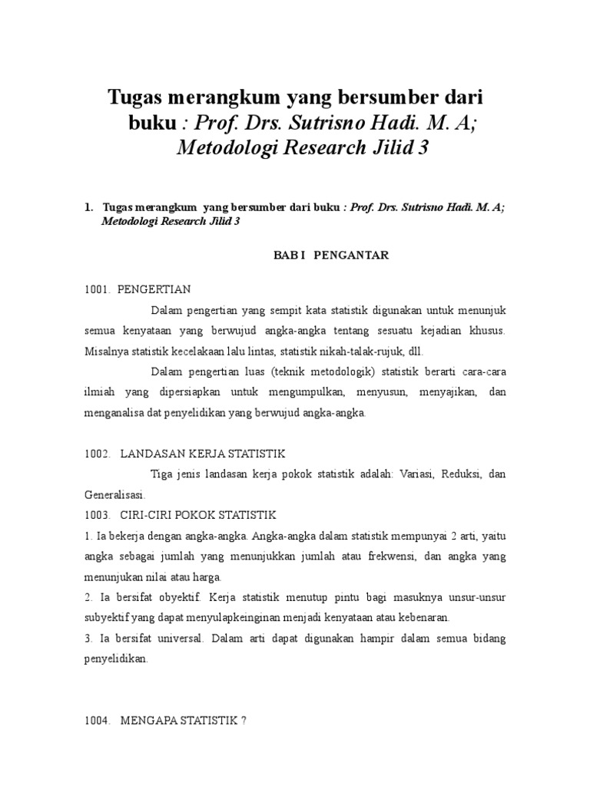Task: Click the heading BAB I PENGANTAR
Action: point(331,256)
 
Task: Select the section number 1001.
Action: point(98,289)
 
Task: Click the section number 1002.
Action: point(98,454)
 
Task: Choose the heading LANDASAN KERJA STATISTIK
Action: point(203,454)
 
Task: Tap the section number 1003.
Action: point(98,514)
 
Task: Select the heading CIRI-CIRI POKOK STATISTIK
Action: point(198,514)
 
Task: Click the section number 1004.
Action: point(98,721)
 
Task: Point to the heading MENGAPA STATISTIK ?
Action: point(183,721)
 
